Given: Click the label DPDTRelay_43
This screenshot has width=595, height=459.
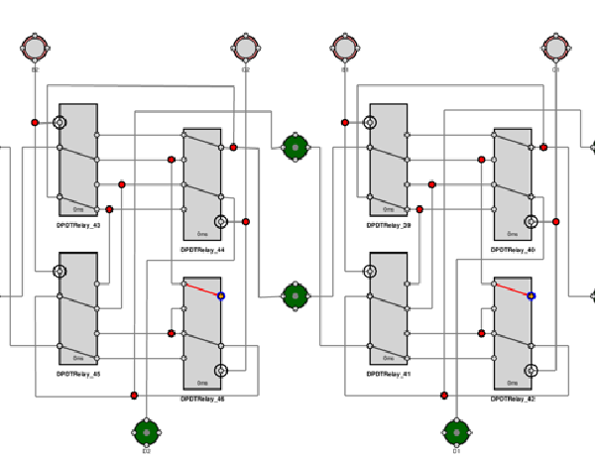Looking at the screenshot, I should coord(78,225).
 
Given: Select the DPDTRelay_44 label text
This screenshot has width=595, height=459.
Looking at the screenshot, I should coord(202,250).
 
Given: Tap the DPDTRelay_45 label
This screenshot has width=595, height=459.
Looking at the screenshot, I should coord(78,374).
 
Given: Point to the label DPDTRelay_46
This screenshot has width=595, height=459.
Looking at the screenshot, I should coord(202,399).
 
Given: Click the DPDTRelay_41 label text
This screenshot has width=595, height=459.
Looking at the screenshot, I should coord(389,374).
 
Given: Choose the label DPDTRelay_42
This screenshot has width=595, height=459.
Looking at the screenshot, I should coord(513,399).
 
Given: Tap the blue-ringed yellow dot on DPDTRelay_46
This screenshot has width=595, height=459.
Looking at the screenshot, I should coord(221,295).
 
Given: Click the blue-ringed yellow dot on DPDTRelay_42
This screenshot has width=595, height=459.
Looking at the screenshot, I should coord(532,295).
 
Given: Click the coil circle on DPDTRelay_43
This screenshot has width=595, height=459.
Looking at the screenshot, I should coord(59,122).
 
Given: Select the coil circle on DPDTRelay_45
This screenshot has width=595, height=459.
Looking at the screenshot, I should coord(59,271).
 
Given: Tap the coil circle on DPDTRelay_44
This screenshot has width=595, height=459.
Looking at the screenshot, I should coord(221,221).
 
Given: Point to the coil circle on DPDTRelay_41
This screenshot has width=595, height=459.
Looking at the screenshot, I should coord(370,271).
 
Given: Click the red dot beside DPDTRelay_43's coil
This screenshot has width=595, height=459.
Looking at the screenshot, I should coord(35,122).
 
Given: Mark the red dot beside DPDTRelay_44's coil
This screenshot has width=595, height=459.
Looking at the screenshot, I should coord(246,221).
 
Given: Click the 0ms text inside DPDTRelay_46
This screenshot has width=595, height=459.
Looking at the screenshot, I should coord(202,383).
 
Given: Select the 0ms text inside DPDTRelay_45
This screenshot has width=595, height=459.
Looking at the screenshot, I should coord(78,358).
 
